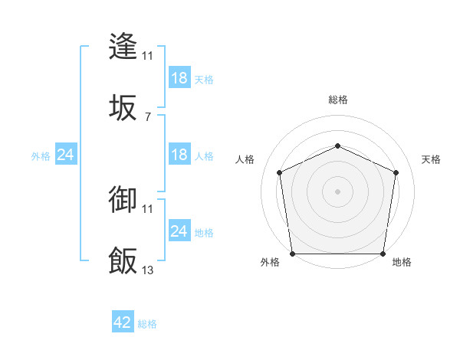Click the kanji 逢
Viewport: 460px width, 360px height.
(x=123, y=46)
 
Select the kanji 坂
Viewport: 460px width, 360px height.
(x=123, y=107)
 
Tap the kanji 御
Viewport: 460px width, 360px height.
(x=123, y=200)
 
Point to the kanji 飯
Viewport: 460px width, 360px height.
(x=123, y=260)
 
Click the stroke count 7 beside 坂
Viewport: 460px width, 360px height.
(x=147, y=116)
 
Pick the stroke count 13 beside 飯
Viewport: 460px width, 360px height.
(x=147, y=270)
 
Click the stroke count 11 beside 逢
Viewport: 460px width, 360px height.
(x=147, y=55)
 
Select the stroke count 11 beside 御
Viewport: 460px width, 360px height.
(x=147, y=208)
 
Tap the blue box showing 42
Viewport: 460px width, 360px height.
(x=123, y=322)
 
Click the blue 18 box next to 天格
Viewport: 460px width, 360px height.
(x=179, y=78)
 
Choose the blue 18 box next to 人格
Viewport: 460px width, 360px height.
(x=179, y=155)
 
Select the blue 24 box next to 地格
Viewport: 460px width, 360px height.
(x=179, y=231)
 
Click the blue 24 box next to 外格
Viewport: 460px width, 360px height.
(x=65, y=155)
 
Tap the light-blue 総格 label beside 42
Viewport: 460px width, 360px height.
(x=147, y=324)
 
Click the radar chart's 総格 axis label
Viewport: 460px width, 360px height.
(x=337, y=100)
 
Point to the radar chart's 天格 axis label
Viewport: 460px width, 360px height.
(x=431, y=159)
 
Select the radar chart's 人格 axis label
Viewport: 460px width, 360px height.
(x=245, y=159)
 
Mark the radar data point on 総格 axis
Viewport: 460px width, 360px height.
(x=337, y=145)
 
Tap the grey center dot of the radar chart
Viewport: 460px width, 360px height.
(x=337, y=191)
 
